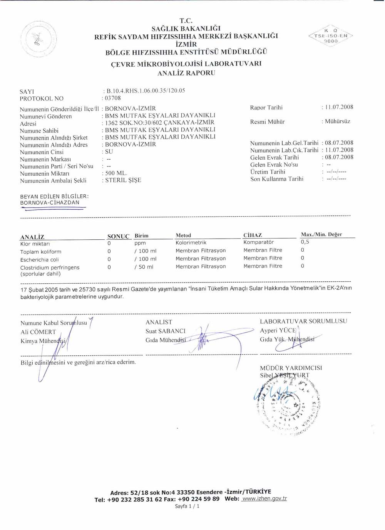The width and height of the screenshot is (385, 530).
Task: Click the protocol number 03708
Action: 113,98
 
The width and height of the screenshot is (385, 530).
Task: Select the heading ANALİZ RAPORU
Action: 186,73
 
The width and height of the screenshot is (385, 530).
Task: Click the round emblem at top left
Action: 38,39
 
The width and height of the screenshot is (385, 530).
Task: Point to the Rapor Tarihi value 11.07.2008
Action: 339,107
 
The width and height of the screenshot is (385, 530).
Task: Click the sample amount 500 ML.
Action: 116,173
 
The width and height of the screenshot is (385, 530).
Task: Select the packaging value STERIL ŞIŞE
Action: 123,180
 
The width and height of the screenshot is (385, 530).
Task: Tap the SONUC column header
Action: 118,236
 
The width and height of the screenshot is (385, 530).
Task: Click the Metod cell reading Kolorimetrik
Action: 191,243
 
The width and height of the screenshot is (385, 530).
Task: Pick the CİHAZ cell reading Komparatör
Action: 258,242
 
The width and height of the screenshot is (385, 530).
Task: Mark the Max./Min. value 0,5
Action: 305,242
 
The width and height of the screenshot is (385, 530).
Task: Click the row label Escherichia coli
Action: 40,260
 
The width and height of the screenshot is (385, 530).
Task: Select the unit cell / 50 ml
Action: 144,267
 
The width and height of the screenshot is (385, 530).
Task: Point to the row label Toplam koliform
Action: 41,252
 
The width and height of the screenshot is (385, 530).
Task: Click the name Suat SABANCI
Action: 166,331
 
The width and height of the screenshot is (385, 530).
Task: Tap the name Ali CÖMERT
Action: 38,332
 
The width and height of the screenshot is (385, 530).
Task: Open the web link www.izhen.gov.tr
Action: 264,498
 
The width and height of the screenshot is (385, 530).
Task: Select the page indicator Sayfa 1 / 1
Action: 187,506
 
